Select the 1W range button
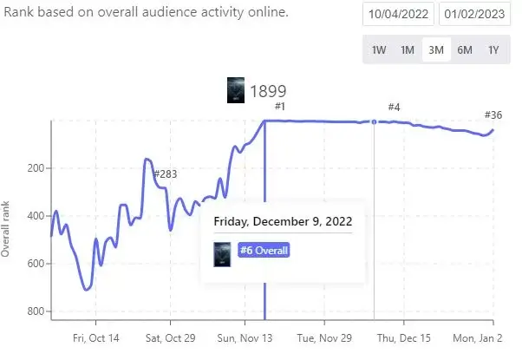[x=379, y=49]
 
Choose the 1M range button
[x=408, y=49]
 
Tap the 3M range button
[x=436, y=49]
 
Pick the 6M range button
[x=465, y=49]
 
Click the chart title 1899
[x=268, y=91]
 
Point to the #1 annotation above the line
[x=279, y=107]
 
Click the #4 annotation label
[x=394, y=107]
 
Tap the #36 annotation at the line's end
[x=494, y=115]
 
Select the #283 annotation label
[x=165, y=174]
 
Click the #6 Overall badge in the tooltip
[x=264, y=251]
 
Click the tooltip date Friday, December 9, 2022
[x=283, y=220]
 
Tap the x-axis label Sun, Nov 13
[x=244, y=338]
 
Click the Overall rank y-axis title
[x=7, y=228]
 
